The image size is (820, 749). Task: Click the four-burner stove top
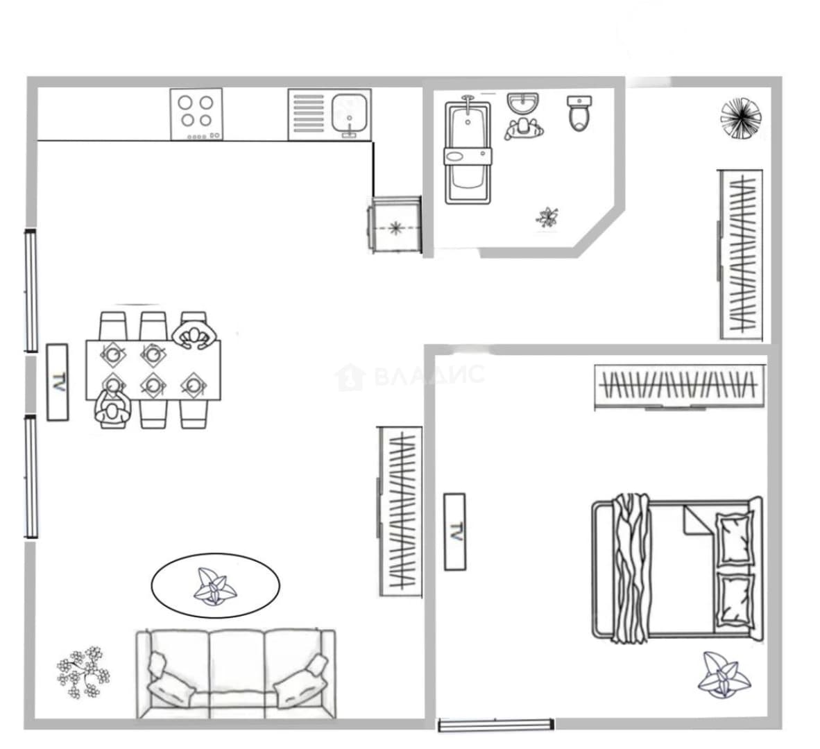(x=196, y=114)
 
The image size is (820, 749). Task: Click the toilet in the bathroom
(x=579, y=112)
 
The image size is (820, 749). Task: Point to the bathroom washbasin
(x=522, y=103)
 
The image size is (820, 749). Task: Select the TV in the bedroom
(x=454, y=531)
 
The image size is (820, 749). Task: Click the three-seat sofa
(x=236, y=673)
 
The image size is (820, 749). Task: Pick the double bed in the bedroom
(x=676, y=569)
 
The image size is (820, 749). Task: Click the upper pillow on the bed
(x=735, y=538)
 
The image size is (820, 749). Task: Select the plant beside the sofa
(x=83, y=672)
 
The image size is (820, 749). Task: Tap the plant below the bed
(x=724, y=675)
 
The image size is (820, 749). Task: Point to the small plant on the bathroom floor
(x=547, y=218)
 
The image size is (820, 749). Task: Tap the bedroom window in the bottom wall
(x=496, y=725)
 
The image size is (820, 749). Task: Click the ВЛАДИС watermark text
(x=430, y=374)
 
